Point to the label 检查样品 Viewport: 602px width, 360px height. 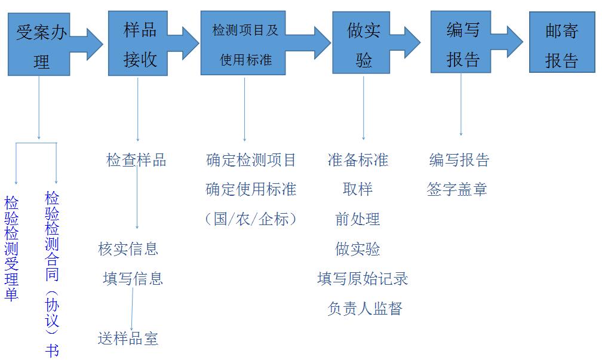pyautogui.click(x=136, y=160)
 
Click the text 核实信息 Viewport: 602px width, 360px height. pyautogui.click(x=128, y=248)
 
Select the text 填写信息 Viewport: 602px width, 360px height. pyautogui.click(x=133, y=278)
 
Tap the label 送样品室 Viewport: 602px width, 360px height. pyautogui.click(x=128, y=339)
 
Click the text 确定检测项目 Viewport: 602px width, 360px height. pyautogui.click(x=251, y=160)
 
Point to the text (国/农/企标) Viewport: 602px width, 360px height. pyautogui.click(x=251, y=219)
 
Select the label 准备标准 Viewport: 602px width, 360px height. pyautogui.click(x=358, y=160)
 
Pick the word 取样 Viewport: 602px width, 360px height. pyautogui.click(x=358, y=189)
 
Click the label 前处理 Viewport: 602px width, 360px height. pyautogui.click(x=358, y=219)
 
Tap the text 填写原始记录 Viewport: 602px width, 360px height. pyautogui.click(x=363, y=278)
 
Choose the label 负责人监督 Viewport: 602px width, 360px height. pyautogui.click(x=365, y=308)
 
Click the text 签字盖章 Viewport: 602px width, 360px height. pyautogui.click(x=457, y=189)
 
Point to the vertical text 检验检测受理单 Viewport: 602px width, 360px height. pyautogui.click(x=11, y=248)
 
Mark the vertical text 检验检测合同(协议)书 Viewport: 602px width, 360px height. pyautogui.click(x=53, y=274)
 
